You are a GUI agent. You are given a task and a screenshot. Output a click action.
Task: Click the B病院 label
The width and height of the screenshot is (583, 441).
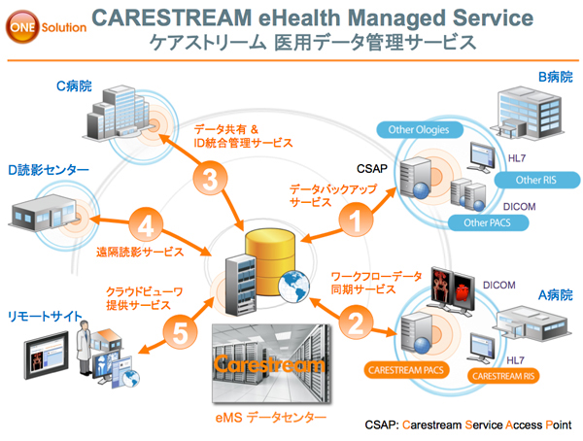point(556,75)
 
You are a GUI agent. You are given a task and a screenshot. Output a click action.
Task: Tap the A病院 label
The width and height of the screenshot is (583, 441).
point(556,294)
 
